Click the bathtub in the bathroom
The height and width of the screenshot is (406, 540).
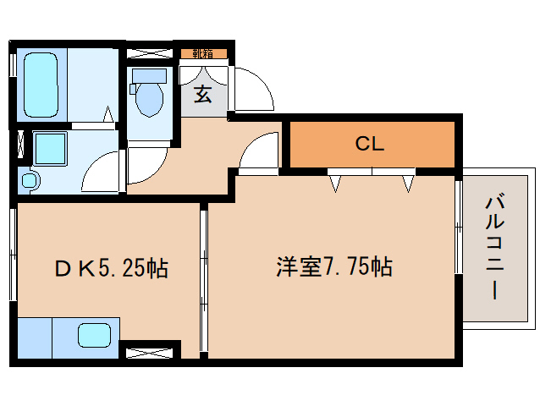(41, 84)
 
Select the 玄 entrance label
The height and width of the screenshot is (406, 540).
(203, 93)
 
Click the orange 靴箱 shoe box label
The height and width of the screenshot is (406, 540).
(203, 53)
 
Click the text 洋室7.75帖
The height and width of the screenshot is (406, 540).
(333, 267)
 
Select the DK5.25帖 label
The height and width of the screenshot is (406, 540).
(111, 269)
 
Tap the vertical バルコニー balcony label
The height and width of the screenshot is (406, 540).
(493, 247)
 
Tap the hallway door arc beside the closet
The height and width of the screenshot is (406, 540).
(257, 152)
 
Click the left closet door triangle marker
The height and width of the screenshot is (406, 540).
(336, 182)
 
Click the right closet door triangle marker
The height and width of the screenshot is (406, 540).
(409, 182)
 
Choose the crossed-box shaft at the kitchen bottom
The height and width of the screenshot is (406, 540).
(150, 347)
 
